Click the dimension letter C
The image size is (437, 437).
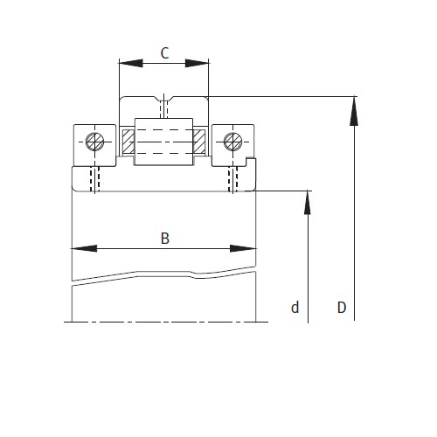(164, 52)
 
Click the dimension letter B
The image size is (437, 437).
(164, 238)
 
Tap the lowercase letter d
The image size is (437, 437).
(295, 307)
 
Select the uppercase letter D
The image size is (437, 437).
(342, 307)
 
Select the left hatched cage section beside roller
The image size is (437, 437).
(128, 140)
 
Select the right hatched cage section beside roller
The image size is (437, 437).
(200, 140)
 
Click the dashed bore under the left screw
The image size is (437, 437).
(96, 178)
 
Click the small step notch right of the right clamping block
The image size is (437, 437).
(253, 161)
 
